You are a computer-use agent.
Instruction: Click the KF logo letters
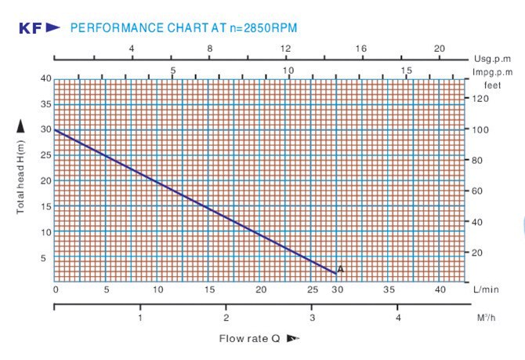30,28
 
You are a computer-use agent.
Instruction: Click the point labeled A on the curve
341,269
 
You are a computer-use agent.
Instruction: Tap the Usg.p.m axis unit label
493,59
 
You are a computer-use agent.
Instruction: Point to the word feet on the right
492,84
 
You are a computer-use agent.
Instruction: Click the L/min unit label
486,290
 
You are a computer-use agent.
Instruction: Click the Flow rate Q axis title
248,339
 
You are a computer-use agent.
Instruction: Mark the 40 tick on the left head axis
46,78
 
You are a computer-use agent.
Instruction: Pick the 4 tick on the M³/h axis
398,318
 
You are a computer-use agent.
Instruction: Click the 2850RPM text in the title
269,28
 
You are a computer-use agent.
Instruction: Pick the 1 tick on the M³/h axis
140,318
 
